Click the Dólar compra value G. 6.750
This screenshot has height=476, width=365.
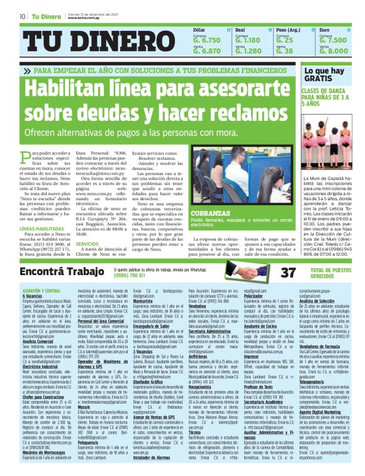coord(207,40)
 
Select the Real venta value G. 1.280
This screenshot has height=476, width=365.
coord(248,51)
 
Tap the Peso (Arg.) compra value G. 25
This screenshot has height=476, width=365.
coord(284,40)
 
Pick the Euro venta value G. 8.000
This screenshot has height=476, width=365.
coord(333,51)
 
